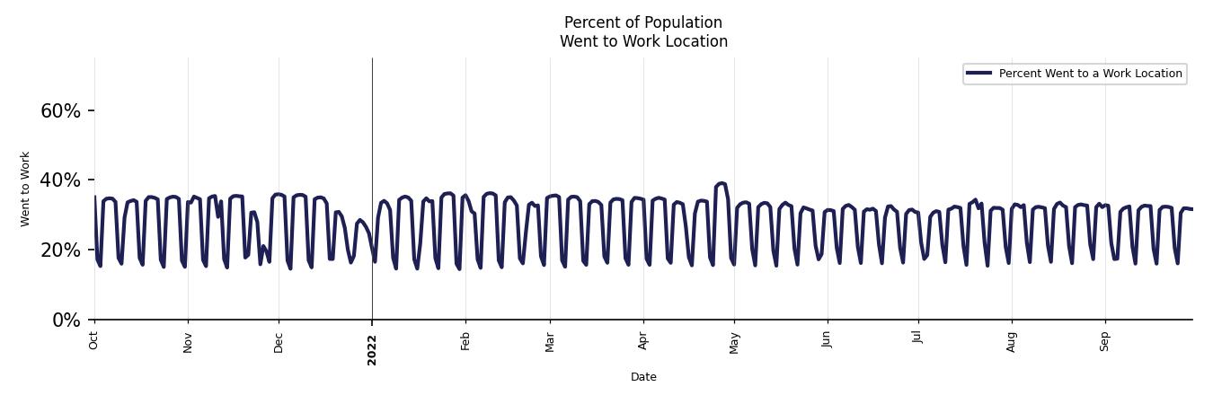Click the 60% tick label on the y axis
tap(60, 111)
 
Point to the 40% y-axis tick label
tap(60, 180)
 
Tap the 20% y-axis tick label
tap(60, 250)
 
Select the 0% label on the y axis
tap(66, 321)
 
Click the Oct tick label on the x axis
tap(94, 339)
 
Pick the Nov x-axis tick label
tap(188, 342)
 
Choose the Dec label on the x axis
tap(279, 342)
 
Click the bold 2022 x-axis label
tap(372, 349)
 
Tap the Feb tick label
tap(465, 341)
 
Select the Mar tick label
tap(550, 342)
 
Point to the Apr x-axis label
tap(643, 341)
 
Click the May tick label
tap(734, 343)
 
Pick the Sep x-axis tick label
tap(1105, 341)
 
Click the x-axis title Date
tap(643, 377)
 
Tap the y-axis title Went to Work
tap(25, 189)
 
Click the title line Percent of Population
tap(643, 22)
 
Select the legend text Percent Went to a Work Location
tap(1090, 74)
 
